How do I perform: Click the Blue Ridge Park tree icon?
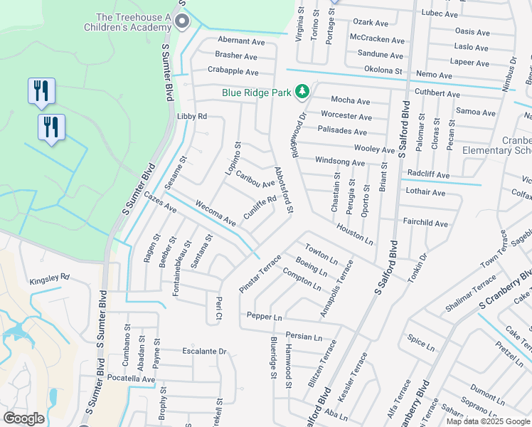click(x=302, y=91)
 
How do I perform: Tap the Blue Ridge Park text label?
click(x=256, y=92)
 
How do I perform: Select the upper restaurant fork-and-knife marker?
click(x=41, y=90)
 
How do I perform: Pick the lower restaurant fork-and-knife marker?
click(x=51, y=127)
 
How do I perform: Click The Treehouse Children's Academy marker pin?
click(x=183, y=21)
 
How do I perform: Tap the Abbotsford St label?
click(x=283, y=190)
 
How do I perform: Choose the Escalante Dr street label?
click(x=204, y=352)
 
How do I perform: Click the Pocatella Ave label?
click(x=133, y=379)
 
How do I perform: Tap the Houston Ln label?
click(x=355, y=232)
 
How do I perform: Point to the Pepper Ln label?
click(x=265, y=315)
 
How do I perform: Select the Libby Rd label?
click(x=192, y=116)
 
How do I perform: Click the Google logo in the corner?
click(x=24, y=418)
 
